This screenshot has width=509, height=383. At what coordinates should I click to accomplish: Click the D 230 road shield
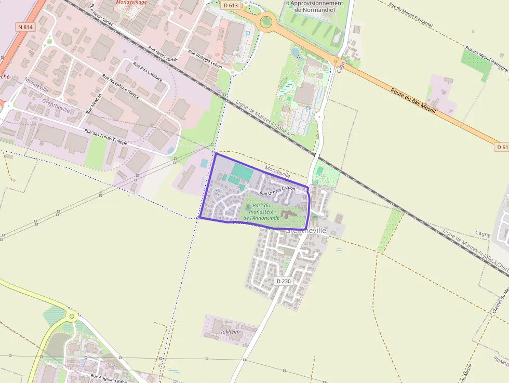point(283,281)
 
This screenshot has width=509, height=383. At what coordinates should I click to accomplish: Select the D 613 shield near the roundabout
point(231,5)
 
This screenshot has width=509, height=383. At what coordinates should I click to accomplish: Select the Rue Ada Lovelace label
point(148,72)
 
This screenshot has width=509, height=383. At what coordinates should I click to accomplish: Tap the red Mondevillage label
point(131,2)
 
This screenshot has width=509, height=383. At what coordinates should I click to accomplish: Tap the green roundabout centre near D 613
point(266,21)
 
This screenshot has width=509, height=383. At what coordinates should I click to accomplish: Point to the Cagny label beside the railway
point(483,235)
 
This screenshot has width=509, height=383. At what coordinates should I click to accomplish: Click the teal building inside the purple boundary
point(242,171)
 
